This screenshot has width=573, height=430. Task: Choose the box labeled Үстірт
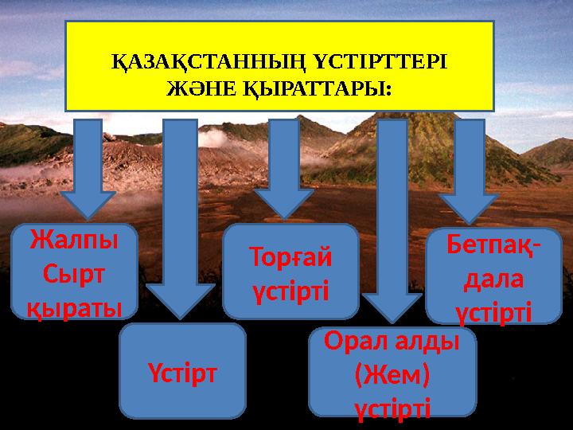(183, 370)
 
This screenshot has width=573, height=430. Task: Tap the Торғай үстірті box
(290, 272)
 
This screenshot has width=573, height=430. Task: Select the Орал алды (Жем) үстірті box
(392, 372)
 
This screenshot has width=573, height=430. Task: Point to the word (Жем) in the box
(392, 373)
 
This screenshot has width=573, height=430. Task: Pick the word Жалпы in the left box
(72, 240)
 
